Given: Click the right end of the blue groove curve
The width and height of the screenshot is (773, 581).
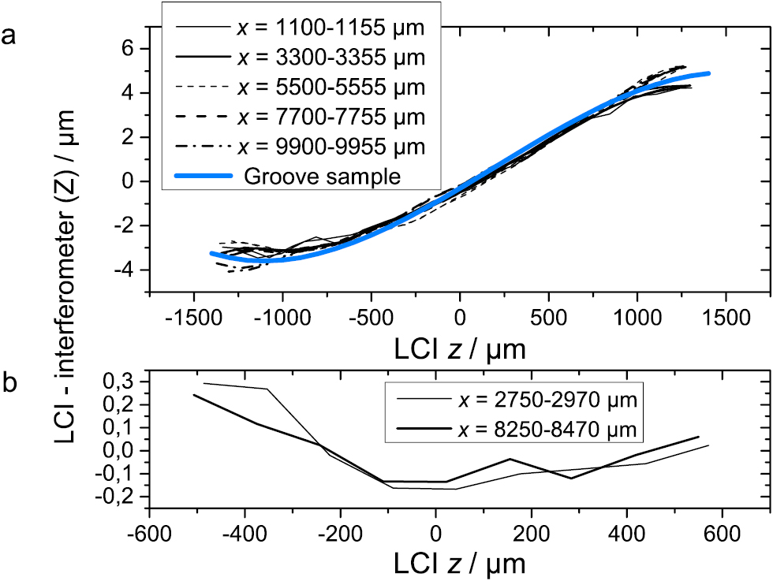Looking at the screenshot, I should click(x=708, y=73).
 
